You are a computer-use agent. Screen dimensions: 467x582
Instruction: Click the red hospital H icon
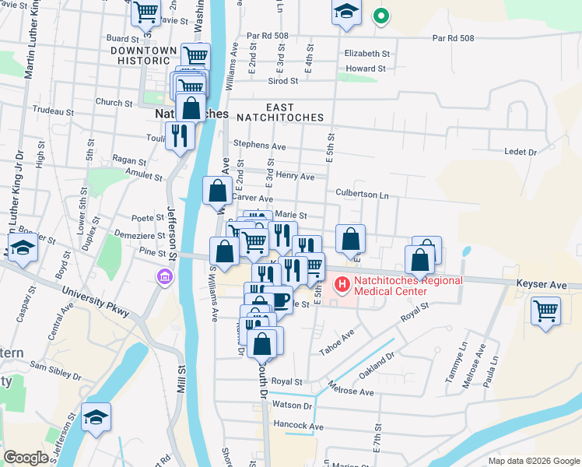(x=341, y=286)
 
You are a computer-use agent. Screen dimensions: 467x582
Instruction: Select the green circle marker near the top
(x=380, y=16)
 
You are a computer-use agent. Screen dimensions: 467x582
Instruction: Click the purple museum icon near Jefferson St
(x=163, y=276)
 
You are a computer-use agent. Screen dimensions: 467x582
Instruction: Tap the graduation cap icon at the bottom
(x=96, y=418)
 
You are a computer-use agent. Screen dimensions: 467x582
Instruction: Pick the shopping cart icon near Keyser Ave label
(x=546, y=311)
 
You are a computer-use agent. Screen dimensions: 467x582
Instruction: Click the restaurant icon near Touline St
(x=181, y=135)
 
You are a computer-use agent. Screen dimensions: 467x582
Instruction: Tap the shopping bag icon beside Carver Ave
(x=218, y=190)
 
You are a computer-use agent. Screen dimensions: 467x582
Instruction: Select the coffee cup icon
(x=279, y=298)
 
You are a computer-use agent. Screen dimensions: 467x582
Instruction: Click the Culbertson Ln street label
(x=362, y=193)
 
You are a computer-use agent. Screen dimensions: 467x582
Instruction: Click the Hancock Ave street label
(x=298, y=427)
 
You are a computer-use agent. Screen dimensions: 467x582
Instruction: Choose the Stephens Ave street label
(x=260, y=146)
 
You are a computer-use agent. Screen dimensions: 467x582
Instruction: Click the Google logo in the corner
(x=26, y=458)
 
